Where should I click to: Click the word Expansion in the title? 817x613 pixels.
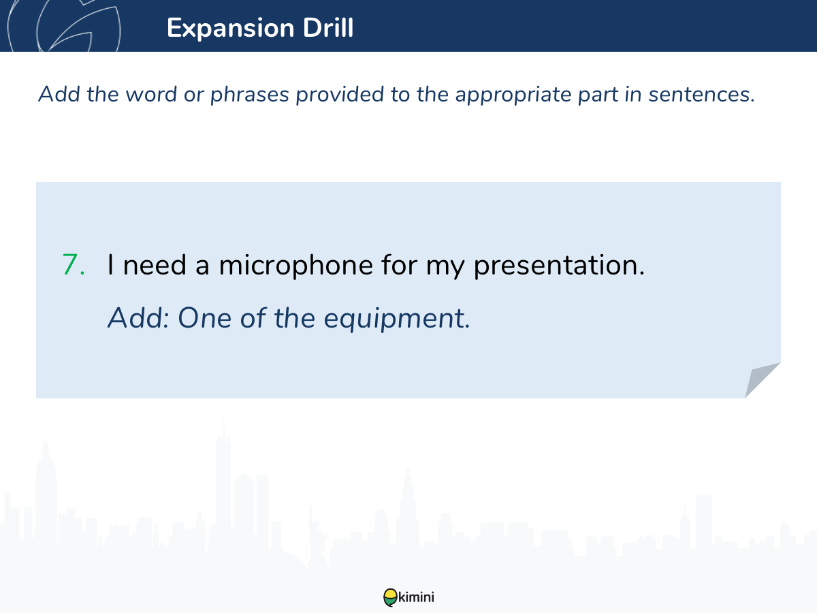tap(231, 29)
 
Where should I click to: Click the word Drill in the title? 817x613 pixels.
tap(328, 27)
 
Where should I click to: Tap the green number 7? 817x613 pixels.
tap(74, 265)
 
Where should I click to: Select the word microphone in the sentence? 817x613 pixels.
tap(296, 266)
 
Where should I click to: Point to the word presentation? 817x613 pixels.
tap(559, 266)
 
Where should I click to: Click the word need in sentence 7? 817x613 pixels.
tap(155, 265)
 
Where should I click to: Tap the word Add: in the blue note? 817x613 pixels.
tap(139, 318)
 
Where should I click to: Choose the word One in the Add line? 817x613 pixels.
tap(205, 318)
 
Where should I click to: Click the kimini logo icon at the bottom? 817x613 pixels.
tap(390, 597)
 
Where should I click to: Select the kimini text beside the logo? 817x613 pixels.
tap(416, 597)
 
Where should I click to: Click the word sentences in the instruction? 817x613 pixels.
tap(702, 95)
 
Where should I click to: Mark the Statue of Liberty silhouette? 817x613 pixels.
tap(314, 536)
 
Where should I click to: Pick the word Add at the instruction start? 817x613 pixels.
tap(59, 94)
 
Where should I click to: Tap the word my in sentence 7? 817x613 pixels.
tap(445, 267)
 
